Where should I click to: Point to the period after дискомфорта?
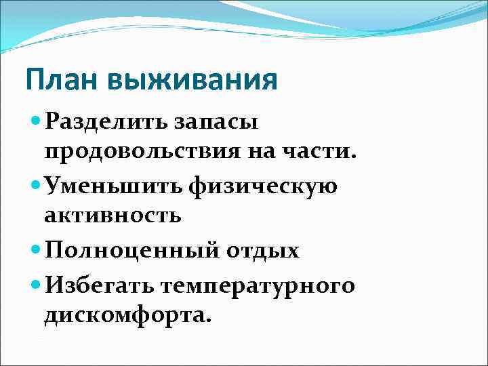(209, 319)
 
